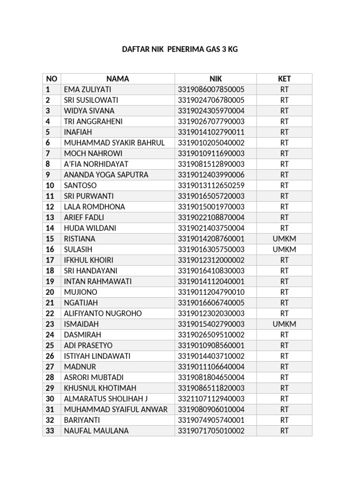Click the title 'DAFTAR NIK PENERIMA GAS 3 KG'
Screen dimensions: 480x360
[x=180, y=49]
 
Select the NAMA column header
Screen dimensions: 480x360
[x=117, y=79]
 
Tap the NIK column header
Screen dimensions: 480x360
[x=215, y=79]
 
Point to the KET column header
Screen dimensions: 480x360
[x=284, y=79]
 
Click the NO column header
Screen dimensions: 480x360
[x=51, y=79]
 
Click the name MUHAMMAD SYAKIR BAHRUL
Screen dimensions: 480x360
[x=114, y=143]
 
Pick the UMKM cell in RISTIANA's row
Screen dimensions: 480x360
[x=284, y=239]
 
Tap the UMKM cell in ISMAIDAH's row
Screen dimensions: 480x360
[x=284, y=324]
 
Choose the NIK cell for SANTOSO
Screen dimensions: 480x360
[x=211, y=186]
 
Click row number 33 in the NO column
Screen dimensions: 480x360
[x=50, y=430]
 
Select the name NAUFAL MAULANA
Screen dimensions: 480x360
[x=96, y=430]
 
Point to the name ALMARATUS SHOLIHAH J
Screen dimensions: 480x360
[x=106, y=398]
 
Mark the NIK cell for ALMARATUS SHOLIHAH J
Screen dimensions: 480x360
[x=211, y=398]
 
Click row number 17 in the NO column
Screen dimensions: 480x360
[x=50, y=260]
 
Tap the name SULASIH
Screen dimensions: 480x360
[x=79, y=249]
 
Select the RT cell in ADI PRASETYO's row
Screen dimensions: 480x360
[x=284, y=345]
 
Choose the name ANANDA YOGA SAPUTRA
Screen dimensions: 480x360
[x=106, y=175]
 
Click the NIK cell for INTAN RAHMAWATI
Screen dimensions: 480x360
[x=211, y=281]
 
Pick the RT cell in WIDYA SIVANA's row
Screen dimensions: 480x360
[x=284, y=111]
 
